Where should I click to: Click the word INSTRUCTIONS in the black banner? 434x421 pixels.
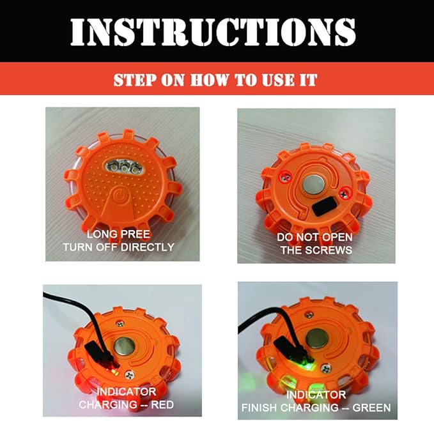point(212,31)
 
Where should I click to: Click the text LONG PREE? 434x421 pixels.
point(118,234)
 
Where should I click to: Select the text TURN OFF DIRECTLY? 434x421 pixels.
point(118,247)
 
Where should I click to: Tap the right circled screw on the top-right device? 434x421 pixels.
point(345,188)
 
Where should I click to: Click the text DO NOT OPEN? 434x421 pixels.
point(316,237)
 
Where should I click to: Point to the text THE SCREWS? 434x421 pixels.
point(316,250)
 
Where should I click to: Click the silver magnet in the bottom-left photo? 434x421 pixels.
point(125,348)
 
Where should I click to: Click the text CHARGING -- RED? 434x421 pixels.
point(126,404)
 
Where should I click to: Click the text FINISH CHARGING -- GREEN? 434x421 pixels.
point(316,407)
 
